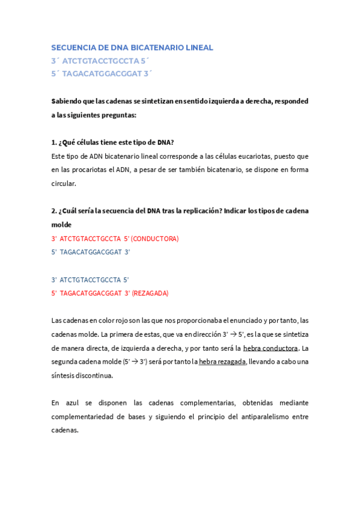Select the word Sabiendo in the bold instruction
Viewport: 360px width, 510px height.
[x=66, y=101]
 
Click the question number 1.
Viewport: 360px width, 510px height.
[x=54, y=143]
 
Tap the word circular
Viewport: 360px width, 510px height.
[x=64, y=184]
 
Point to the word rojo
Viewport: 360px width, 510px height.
[x=126, y=321]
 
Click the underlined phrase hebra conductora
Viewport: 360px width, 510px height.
[x=270, y=348]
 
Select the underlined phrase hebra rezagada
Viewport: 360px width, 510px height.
[x=222, y=361]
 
